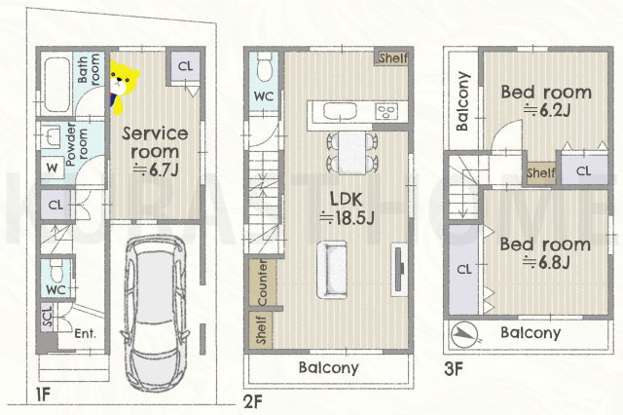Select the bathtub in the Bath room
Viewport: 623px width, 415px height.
coord(56,85)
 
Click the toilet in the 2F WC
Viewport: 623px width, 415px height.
coord(264,66)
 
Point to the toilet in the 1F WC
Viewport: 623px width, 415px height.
coord(56,271)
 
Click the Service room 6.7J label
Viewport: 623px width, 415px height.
coord(155,151)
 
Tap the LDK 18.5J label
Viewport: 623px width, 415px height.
coord(347,207)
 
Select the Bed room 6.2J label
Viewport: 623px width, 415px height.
coord(546,100)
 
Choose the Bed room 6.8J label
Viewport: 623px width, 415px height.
coord(545,253)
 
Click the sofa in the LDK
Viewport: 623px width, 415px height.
coord(332,270)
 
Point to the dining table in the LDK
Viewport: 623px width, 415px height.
coord(352,153)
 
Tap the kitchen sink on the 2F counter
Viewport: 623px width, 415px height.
coord(340,111)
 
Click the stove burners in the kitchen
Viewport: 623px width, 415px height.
coord(387,111)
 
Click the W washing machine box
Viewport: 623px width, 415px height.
coord(52,169)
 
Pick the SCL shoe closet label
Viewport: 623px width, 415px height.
coord(48,317)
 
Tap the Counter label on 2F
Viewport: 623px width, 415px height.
coord(262,283)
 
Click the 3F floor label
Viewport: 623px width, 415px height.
coord(454,369)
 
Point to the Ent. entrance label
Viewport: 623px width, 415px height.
coord(86,333)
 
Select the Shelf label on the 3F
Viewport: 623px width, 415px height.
coord(541,173)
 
